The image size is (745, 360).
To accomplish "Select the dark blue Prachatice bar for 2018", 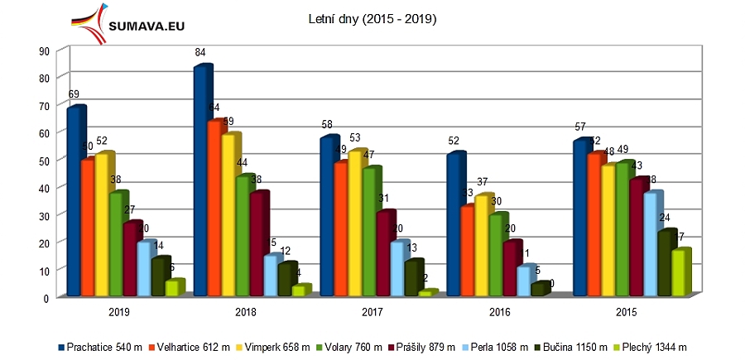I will pyautogui.click(x=201, y=182).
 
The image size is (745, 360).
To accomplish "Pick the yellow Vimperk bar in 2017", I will pyautogui.click(x=355, y=223).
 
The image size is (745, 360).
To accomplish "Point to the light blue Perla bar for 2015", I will pyautogui.click(x=651, y=244).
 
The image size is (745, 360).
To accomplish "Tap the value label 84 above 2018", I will pyautogui.click(x=200, y=54).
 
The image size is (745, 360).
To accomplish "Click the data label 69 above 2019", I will pyautogui.click(x=74, y=94).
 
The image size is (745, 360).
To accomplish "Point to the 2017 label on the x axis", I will pyautogui.click(x=372, y=312).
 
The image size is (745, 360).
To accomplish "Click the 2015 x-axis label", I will pyautogui.click(x=626, y=312).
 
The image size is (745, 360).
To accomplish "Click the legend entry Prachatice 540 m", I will pyautogui.click(x=97, y=347).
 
